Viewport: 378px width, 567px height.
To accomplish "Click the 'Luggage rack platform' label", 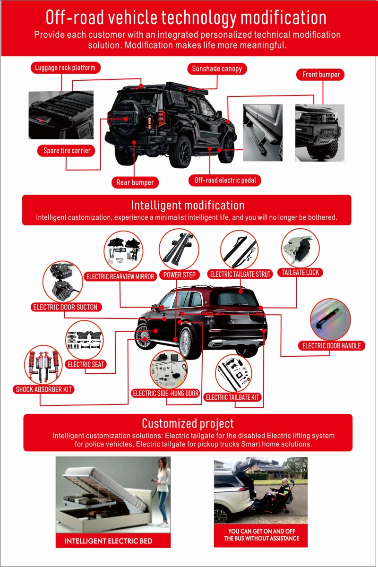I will pos(65,68).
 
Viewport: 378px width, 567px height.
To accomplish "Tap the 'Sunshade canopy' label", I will pos(217,69).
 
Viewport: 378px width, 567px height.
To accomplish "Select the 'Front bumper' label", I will pos(321,75).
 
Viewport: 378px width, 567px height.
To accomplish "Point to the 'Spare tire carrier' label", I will pos(66,151).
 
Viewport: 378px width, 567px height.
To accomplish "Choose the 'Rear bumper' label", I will pos(135,182).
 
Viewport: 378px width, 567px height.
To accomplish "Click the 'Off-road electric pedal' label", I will pos(225,180).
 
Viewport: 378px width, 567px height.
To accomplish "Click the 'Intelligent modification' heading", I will pos(188,205).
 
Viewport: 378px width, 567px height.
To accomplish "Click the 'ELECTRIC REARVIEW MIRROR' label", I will pos(120,276).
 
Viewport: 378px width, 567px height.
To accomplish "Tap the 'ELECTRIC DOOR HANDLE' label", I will pos(331,346).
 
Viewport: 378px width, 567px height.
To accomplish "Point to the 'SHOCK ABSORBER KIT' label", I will pos(44,390).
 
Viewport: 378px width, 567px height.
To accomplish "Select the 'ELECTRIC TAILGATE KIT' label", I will pos(233,397).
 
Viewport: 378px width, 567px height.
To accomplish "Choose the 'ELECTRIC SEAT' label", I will pos(86,364).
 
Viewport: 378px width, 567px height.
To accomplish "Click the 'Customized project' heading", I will pos(188,423).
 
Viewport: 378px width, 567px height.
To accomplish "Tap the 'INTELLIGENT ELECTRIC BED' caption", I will pos(108,541).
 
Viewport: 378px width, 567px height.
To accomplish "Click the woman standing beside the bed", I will pos(163,491).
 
